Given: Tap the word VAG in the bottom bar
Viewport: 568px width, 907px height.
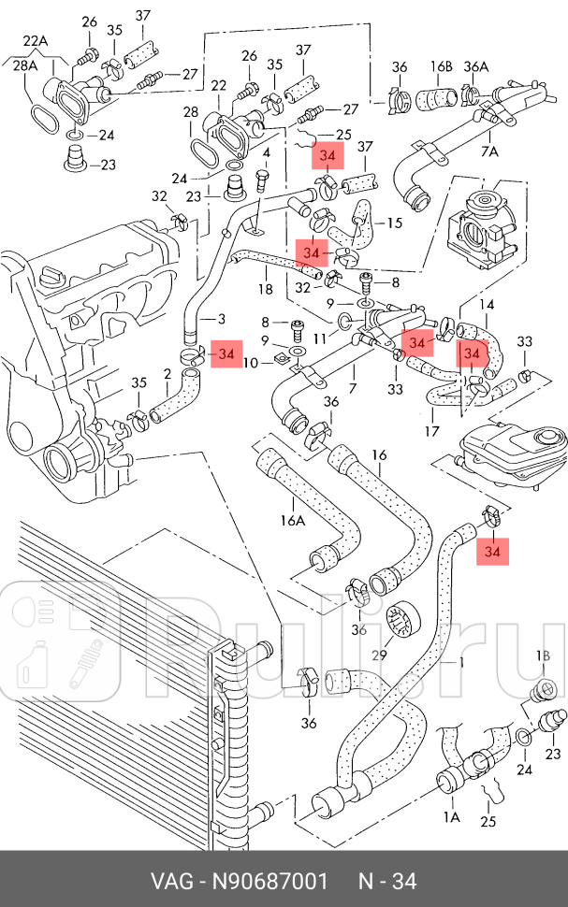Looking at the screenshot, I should click(x=172, y=881).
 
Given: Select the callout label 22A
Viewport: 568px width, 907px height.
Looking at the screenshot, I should click(x=36, y=40).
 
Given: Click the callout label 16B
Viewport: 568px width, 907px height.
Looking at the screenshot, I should click(x=442, y=66).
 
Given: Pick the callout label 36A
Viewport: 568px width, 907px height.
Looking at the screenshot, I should click(x=476, y=66).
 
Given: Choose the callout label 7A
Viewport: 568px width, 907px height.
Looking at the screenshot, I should click(x=489, y=151).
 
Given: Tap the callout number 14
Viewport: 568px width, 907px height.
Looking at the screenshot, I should click(x=487, y=305).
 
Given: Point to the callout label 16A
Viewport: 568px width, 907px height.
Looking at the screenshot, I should click(x=292, y=520).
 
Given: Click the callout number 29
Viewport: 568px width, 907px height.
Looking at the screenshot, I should click(x=379, y=655).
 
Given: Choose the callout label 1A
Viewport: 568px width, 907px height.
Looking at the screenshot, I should click(x=451, y=816).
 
